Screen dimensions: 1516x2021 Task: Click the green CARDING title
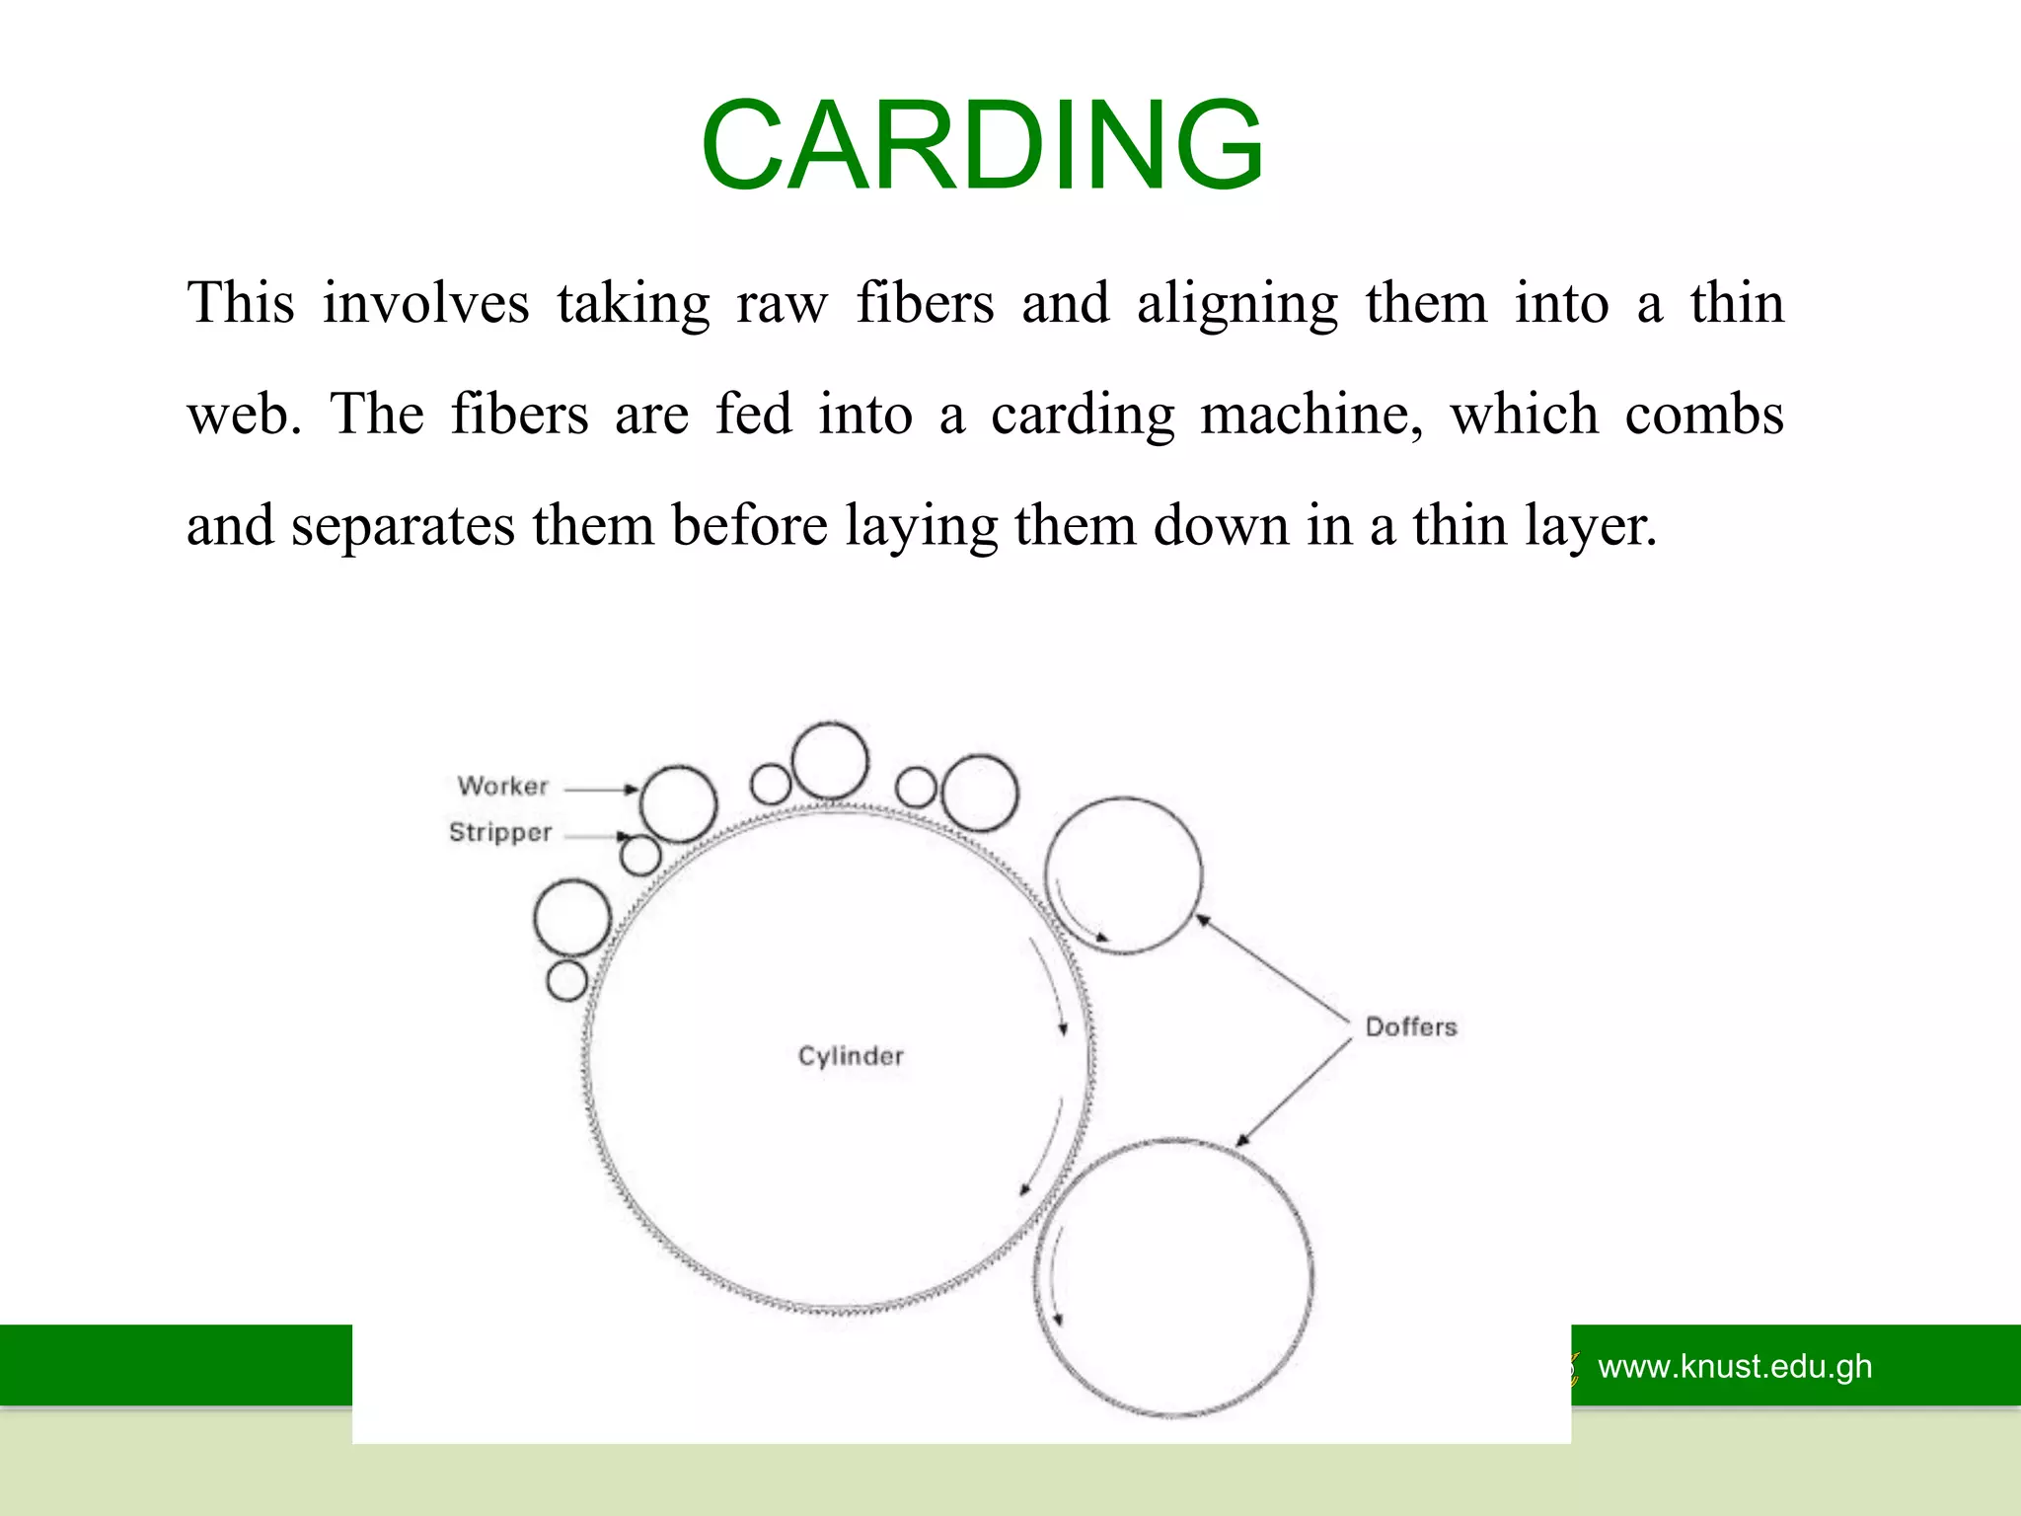tap(982, 146)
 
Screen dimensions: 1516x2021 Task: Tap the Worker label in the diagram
tap(502, 787)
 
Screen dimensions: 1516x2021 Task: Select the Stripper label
tap(500, 832)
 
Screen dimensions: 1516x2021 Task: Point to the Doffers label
tap(1411, 1027)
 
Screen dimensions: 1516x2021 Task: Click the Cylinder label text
tap(851, 1056)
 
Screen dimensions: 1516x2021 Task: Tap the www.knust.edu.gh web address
tap(1735, 1367)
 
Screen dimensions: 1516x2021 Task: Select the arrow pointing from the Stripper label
tap(596, 836)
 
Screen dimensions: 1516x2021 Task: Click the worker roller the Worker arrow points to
tap(678, 803)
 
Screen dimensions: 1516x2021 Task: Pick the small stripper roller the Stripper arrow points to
tap(640, 856)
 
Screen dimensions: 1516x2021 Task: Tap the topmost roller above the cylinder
tap(830, 760)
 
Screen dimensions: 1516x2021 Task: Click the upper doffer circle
tap(1123, 874)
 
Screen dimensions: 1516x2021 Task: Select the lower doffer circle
tap(1174, 1278)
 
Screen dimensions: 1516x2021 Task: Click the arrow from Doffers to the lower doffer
tap(1293, 1094)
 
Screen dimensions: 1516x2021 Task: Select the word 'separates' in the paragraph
tap(403, 526)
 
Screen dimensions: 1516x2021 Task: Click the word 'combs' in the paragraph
tap(1704, 415)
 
